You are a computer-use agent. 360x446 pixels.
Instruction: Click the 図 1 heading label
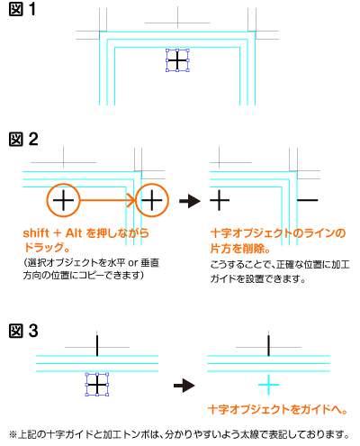(x=22, y=9)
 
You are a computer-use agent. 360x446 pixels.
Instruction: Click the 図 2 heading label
(x=23, y=140)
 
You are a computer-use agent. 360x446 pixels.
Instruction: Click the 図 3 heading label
(x=23, y=331)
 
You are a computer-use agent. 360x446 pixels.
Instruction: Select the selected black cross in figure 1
(x=177, y=60)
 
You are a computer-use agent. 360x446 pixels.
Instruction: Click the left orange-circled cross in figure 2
(x=63, y=200)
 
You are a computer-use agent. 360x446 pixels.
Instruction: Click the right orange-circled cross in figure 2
(x=152, y=200)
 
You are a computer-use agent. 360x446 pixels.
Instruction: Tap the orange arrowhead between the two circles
(x=132, y=200)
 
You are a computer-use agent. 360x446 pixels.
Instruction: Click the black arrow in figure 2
(x=190, y=201)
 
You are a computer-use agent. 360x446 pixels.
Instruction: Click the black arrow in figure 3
(x=184, y=386)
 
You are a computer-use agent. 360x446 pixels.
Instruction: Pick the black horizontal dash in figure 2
(x=307, y=200)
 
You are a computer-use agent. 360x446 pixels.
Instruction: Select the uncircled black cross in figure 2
(x=220, y=200)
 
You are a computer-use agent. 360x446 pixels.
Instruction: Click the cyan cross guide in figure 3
(x=268, y=385)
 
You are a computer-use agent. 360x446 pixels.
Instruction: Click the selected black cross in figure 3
(x=97, y=385)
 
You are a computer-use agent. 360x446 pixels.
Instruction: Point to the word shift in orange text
(x=36, y=232)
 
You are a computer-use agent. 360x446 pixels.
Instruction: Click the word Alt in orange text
(x=74, y=232)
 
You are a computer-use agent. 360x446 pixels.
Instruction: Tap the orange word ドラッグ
(x=44, y=247)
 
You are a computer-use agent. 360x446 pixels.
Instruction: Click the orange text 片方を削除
(x=238, y=249)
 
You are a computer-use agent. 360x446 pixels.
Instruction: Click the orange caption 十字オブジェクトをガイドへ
(x=274, y=409)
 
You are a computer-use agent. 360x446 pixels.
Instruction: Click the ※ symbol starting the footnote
(x=13, y=434)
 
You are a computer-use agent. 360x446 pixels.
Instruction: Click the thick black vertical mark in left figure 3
(x=97, y=346)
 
